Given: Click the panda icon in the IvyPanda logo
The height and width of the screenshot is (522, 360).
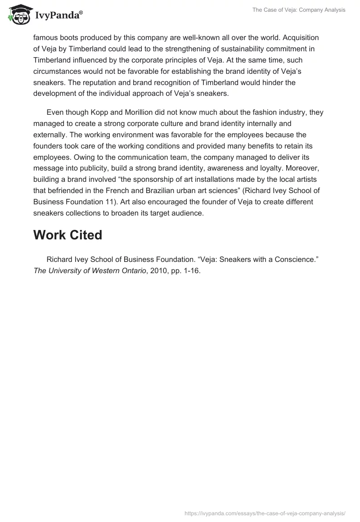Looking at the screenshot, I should [18, 15].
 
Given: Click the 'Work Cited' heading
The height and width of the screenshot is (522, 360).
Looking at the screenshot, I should [67, 234].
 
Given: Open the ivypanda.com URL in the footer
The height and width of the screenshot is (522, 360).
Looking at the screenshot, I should [265, 513].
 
